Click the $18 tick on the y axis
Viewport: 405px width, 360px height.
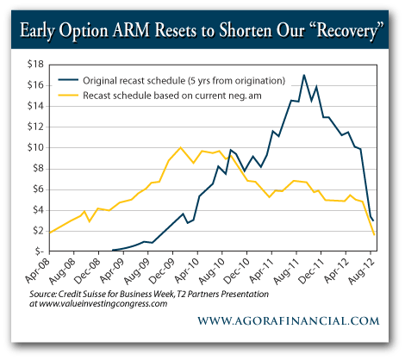pos(34,65)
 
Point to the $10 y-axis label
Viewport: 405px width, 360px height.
pos(34,147)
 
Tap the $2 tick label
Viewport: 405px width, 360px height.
pos(37,231)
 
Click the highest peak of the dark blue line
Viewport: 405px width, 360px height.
pos(304,75)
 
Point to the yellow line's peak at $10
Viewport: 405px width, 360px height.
pos(179,147)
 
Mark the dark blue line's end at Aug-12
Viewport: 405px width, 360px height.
pos(372,220)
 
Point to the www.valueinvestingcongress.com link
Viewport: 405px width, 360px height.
pos(117,305)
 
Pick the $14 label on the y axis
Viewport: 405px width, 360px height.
pos(34,106)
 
